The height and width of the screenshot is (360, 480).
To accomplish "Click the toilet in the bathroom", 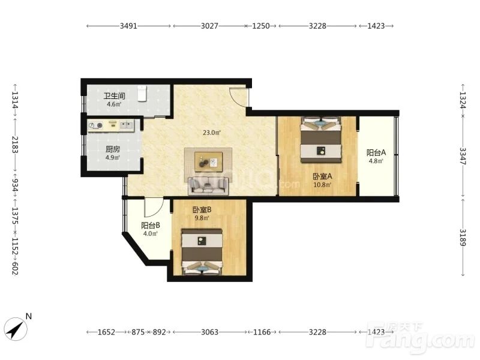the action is [142, 94].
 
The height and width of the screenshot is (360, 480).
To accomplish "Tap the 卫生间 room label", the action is [114, 96].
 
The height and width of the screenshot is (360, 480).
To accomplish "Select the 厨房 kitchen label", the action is [113, 149].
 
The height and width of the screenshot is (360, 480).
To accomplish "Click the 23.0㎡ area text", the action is [212, 133].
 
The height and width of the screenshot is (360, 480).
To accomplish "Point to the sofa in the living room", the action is [208, 185].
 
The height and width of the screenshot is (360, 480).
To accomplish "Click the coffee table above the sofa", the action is [208, 160].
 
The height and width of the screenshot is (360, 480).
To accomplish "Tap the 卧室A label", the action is [322, 176].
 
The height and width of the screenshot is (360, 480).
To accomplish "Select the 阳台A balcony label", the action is [376, 152].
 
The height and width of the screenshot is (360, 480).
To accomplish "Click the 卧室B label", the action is [202, 209].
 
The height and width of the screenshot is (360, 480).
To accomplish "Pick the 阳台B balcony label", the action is [151, 226].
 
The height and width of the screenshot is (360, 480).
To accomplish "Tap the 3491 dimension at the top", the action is [128, 26].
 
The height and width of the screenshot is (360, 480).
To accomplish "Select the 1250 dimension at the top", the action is [261, 26].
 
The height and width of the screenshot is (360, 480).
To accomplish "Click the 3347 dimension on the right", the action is [463, 156].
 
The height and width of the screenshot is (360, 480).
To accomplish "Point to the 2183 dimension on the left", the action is [15, 145].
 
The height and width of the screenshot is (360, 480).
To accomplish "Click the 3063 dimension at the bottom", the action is [209, 332].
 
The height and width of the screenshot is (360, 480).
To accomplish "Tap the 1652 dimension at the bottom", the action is [106, 332].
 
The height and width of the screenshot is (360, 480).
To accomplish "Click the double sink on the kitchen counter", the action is [127, 125].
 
